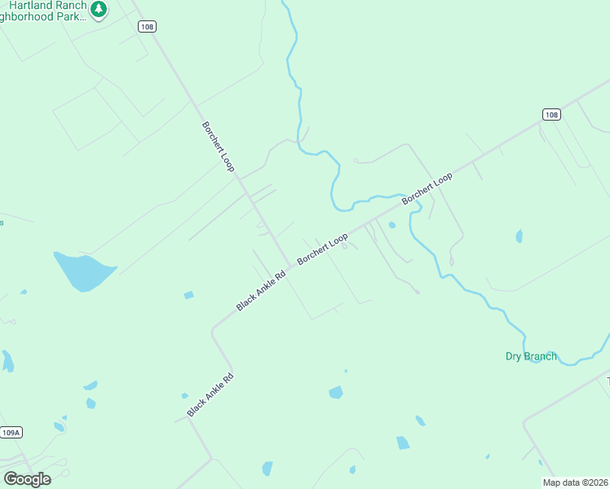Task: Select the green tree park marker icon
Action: point(99,10)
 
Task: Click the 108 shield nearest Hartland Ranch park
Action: point(146,27)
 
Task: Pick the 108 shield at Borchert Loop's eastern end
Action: point(551,115)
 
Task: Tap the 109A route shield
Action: point(10,433)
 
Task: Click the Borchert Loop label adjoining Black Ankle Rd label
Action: point(322,249)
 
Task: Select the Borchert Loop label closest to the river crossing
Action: point(427,188)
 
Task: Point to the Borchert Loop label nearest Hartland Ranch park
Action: point(218,147)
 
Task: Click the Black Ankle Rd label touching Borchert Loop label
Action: point(261,291)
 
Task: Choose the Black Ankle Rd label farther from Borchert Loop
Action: point(210,395)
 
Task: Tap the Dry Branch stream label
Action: point(531,356)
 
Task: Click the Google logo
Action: point(27,478)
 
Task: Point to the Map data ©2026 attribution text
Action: point(575,482)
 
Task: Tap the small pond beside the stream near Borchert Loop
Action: point(392,225)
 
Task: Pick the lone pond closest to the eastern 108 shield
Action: point(519,236)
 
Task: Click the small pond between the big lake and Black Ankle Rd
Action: point(188,295)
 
